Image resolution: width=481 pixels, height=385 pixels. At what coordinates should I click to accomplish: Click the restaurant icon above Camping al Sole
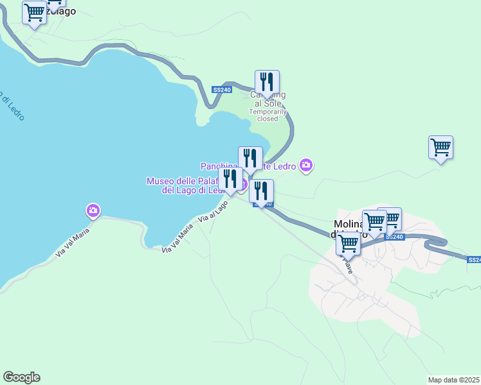pos(267,82)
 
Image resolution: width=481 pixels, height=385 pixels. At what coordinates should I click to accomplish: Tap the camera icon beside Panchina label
pos(306,166)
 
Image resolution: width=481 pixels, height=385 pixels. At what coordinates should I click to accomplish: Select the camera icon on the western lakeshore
pos(93,210)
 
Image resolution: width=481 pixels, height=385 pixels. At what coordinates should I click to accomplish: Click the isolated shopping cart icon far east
pos(440,148)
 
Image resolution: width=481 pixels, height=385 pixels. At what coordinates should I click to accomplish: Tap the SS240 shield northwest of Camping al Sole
pos(221,90)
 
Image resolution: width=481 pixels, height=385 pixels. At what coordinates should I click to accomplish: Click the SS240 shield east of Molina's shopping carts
pos(394,237)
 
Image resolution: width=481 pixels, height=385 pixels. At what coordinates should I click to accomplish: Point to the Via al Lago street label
pos(213,212)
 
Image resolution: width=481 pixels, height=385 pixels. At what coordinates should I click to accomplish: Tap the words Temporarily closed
pos(268,115)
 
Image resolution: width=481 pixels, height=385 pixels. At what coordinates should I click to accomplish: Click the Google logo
pos(21,377)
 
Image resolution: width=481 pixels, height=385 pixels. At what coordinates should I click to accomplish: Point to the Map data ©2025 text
pos(454,380)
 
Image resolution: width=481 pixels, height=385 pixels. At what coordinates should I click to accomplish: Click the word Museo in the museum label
pos(163,182)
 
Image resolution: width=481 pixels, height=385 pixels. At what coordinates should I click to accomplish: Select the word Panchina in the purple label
pos(219,166)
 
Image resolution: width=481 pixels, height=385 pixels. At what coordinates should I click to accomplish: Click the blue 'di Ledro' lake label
pos(12,108)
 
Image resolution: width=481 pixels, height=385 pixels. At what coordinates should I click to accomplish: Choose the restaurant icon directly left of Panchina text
pos(250,158)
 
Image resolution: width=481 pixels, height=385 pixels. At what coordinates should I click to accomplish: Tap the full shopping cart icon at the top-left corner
pos(34,13)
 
